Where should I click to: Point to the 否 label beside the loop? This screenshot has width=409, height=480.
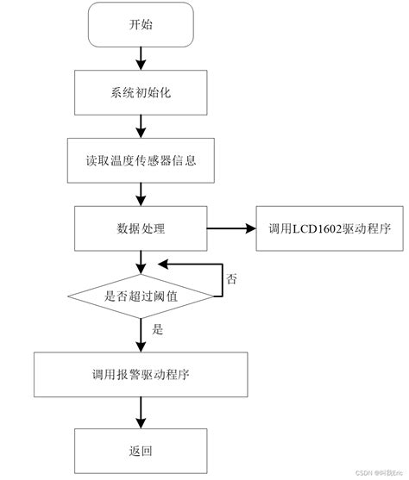click(x=231, y=279)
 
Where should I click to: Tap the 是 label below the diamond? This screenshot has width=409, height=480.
click(x=156, y=329)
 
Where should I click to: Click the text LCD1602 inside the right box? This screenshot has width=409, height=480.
click(x=313, y=229)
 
